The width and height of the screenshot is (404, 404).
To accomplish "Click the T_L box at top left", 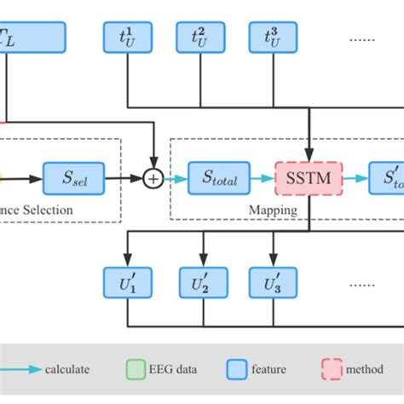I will coord(32,36).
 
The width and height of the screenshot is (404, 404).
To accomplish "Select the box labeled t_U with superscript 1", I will coord(128,36).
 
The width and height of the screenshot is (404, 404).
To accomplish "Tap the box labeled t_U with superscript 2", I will coord(202,36).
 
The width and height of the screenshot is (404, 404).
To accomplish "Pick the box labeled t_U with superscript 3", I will coord(273,36).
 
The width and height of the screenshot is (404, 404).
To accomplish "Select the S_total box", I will coord(219,178).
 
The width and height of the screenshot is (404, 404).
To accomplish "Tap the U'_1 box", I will coord(128,282).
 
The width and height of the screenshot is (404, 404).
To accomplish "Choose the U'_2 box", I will coord(202,282).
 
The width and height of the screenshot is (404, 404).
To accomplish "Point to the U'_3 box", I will coord(273,282).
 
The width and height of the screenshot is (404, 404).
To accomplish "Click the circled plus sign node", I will coord(153,178).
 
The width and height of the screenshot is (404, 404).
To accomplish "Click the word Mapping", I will coord(272,208).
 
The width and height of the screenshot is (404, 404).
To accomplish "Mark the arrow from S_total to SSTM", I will coord(263,178).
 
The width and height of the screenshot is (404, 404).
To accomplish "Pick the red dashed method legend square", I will coord(328,370).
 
